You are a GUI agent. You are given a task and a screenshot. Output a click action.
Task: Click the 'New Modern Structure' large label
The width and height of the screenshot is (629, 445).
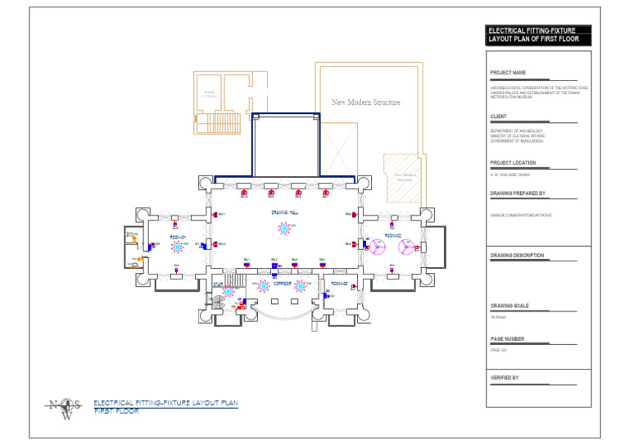coord(365,102)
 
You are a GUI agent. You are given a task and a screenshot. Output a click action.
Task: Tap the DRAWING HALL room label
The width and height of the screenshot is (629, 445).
coord(284,212)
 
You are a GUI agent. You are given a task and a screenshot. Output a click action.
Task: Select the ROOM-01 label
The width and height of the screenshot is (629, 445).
coord(179,237)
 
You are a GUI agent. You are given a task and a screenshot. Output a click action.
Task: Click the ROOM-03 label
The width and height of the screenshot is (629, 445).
coord(340,284)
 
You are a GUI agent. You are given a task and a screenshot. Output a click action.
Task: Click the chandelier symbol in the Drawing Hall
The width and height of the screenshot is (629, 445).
coord(285,229)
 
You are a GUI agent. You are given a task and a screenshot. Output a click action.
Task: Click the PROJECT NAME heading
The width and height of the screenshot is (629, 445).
coord(508,72)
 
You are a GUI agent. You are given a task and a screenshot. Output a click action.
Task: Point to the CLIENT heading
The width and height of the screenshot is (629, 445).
coord(499,116)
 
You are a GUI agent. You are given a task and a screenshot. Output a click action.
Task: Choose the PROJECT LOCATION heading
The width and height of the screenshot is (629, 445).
coord(513,163)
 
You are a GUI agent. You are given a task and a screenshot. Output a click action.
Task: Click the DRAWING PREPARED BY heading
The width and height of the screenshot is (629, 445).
coord(518,193)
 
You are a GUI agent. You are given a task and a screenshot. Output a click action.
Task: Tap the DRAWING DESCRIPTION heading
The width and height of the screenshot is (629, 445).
coord(517,256)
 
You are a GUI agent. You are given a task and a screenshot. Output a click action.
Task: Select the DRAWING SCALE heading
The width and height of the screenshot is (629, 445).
coord(509,306)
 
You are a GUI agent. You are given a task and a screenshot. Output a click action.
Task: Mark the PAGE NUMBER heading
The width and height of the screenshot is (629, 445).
coord(507,338)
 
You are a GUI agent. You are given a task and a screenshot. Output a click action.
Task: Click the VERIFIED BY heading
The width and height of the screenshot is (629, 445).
coord(505,378)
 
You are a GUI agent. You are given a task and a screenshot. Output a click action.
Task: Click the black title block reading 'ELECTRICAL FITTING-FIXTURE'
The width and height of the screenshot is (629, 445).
coord(537,34)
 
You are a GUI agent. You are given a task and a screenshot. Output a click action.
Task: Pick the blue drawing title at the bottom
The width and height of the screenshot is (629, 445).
coord(165,406)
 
